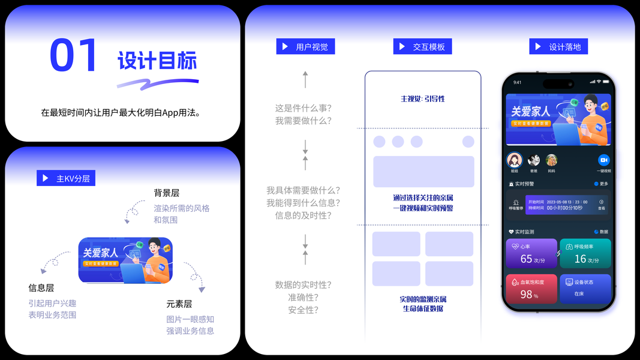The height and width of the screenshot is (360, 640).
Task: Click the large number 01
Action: pyautogui.click(x=73, y=56)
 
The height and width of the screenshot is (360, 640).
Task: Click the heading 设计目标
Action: pyautogui.click(x=157, y=61)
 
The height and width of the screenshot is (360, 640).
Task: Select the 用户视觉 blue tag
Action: pyautogui.click(x=305, y=47)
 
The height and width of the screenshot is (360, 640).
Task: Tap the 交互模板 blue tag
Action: pyautogui.click(x=423, y=47)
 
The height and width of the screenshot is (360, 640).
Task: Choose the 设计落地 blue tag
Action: pyautogui.click(x=558, y=47)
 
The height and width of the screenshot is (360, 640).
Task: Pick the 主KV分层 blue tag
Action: pyautogui.click(x=66, y=178)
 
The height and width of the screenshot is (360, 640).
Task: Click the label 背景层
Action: pyautogui.click(x=166, y=193)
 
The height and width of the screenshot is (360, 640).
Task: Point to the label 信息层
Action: pyautogui.click(x=41, y=288)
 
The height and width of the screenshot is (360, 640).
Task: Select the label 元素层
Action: pyautogui.click(x=179, y=304)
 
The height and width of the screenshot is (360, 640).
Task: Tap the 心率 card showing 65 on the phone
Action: pyautogui.click(x=531, y=253)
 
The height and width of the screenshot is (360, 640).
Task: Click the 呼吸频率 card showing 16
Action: pyautogui.click(x=585, y=253)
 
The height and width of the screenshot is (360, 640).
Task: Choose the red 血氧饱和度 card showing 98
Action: pyautogui.click(x=531, y=289)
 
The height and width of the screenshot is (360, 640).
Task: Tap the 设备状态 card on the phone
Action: pyautogui.click(x=585, y=289)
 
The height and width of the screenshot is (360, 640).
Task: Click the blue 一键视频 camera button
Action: pyautogui.click(x=603, y=160)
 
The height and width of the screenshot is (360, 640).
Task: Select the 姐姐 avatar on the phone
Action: pyautogui.click(x=514, y=160)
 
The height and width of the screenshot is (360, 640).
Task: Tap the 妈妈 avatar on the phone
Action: pyautogui.click(x=551, y=160)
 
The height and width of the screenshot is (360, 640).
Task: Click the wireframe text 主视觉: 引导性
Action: pyautogui.click(x=423, y=98)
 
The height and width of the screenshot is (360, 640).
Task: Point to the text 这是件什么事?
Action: pyautogui.click(x=304, y=108)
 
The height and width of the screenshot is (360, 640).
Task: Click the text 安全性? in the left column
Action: pyautogui.click(x=304, y=310)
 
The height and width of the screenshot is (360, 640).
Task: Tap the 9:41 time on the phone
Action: pyautogui.click(x=517, y=82)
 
